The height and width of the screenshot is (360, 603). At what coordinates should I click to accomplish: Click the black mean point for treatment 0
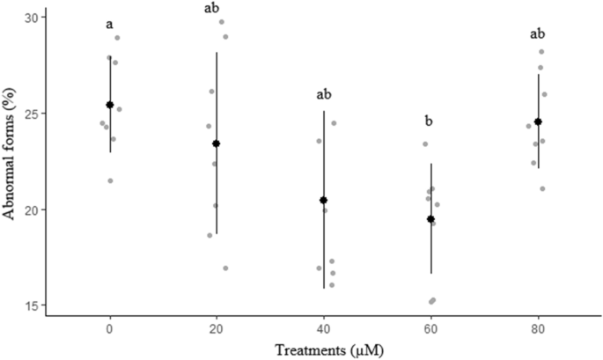[x=110, y=105]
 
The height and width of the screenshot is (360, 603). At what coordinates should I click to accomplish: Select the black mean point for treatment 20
[x=217, y=143]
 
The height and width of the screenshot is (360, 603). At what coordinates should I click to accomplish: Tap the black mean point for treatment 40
[x=324, y=200]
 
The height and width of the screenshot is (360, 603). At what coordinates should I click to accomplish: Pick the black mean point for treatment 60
[x=430, y=219]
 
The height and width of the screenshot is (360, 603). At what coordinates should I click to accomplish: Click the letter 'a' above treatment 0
[x=109, y=25]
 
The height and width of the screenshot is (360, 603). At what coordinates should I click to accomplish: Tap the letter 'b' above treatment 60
[x=430, y=121]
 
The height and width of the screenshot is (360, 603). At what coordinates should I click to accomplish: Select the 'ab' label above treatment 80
[x=538, y=34]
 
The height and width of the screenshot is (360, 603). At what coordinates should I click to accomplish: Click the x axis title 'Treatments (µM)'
[x=324, y=349]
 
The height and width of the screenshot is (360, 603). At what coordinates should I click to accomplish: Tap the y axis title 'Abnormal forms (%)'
[x=11, y=160]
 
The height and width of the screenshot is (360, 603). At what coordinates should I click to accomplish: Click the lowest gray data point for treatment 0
[x=110, y=180]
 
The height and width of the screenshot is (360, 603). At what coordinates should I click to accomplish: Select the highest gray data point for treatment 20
[x=222, y=22]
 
